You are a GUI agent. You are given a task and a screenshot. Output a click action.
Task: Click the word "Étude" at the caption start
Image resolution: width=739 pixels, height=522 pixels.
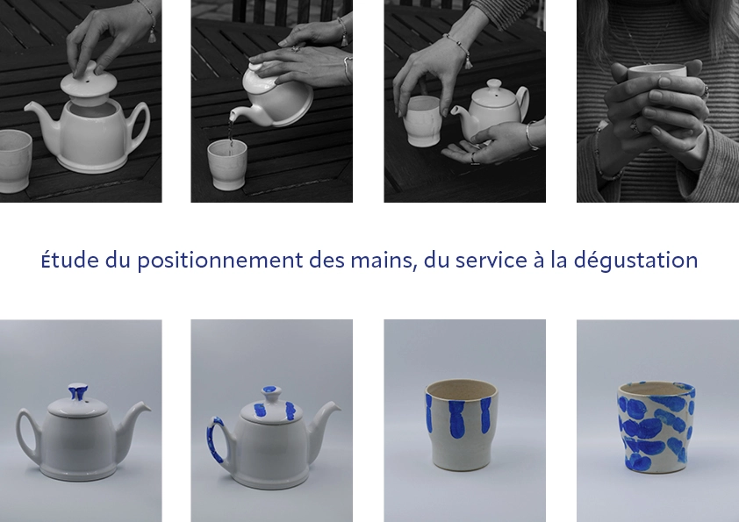tap(69, 260)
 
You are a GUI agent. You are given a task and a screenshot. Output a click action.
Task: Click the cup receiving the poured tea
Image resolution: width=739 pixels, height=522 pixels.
tap(227, 164)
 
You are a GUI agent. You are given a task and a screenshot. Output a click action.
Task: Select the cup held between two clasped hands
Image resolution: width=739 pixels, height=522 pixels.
tap(657, 75)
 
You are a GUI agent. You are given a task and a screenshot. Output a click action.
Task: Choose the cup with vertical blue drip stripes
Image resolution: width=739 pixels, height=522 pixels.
tap(461, 425)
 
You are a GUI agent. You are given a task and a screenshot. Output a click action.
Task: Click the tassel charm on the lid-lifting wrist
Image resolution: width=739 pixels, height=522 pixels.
tap(152, 35)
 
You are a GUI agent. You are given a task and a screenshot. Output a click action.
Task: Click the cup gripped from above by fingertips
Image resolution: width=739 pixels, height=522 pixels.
tap(423, 121)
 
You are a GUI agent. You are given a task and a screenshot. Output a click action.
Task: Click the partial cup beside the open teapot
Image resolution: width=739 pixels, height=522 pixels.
tap(14, 161)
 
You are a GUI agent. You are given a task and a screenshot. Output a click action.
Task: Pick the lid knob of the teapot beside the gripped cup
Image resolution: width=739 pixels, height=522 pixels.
tap(494, 86)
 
